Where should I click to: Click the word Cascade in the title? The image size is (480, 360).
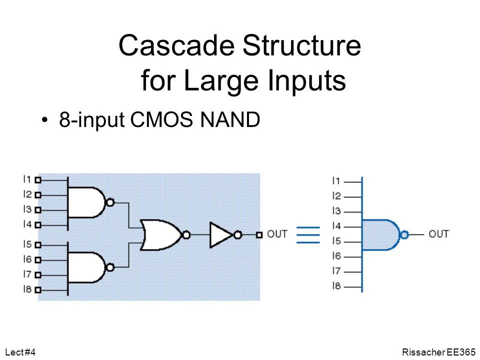click(176, 45)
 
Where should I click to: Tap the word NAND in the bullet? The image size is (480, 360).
click(230, 119)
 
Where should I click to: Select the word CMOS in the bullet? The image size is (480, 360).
click(161, 119)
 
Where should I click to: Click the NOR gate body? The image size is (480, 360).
click(161, 235)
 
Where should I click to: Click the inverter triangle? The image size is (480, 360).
click(221, 235)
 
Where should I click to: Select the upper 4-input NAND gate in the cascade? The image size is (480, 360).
click(87, 202)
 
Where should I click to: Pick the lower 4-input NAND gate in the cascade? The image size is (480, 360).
click(87, 267)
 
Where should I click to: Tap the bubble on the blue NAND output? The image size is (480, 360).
click(404, 235)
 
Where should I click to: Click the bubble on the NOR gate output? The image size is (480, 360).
click(186, 235)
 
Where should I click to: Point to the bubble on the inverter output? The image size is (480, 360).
click(237, 235)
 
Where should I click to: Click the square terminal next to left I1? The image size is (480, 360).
click(38, 180)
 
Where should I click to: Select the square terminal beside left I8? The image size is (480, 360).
click(38, 289)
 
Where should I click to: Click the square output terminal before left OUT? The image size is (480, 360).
click(259, 235)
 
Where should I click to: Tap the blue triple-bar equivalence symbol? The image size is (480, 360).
click(308, 235)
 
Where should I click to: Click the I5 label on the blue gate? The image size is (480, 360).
click(336, 241)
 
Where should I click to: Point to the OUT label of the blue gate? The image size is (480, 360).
click(438, 234)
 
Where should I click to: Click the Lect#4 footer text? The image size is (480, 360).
click(20, 352)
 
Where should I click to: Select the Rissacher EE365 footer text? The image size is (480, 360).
click(438, 352)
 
